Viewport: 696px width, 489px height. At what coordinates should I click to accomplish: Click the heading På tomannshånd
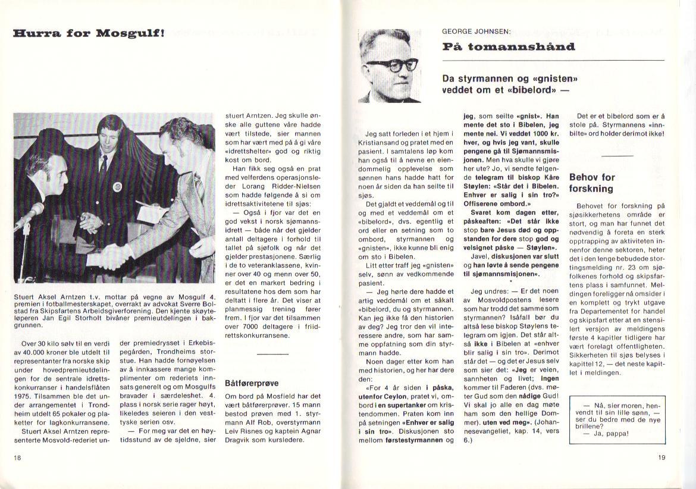coord(509,47)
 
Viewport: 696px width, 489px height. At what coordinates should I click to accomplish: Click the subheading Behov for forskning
coord(592,183)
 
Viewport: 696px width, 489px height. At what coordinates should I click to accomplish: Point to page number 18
coord(18,457)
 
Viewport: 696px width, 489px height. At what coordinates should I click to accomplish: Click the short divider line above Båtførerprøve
coord(273,355)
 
